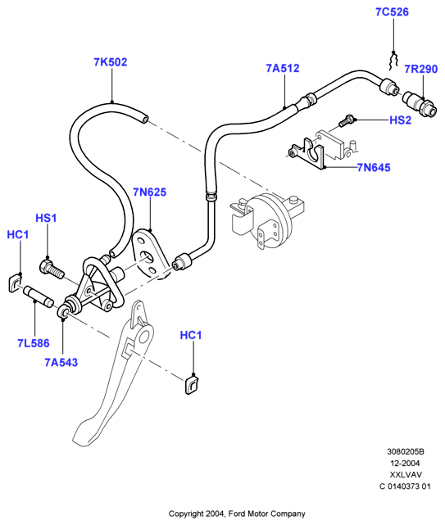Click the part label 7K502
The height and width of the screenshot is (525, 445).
(x=111, y=62)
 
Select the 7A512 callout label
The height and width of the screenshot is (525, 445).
(x=283, y=68)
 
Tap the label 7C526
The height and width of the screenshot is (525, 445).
(x=392, y=12)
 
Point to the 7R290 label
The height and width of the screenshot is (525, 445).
(x=421, y=69)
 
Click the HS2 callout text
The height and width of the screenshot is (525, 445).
(x=400, y=120)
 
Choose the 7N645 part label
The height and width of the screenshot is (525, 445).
(x=374, y=167)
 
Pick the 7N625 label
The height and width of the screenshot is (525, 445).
(x=149, y=192)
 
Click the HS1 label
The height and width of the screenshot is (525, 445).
(x=46, y=219)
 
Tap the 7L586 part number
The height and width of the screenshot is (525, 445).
(x=34, y=343)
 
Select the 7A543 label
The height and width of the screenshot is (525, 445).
(x=61, y=362)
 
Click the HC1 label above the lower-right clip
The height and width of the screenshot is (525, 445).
(x=191, y=335)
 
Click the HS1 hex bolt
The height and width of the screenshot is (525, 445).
(x=52, y=269)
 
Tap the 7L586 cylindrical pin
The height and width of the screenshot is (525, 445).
(x=39, y=296)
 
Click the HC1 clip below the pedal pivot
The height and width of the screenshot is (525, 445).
(x=192, y=385)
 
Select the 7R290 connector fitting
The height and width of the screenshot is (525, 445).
(x=420, y=104)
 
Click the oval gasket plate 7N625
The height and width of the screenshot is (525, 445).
(x=151, y=253)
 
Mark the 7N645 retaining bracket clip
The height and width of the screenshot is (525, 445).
(x=308, y=152)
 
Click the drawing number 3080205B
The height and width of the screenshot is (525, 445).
(x=406, y=451)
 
